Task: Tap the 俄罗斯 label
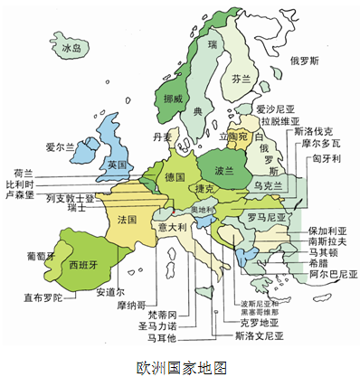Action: coord(304,61)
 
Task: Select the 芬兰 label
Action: coord(240,79)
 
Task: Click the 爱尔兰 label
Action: coord(59,146)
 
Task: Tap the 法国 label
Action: coord(128,219)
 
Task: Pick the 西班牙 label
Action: coord(82,265)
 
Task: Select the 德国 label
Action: coord(175,177)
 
